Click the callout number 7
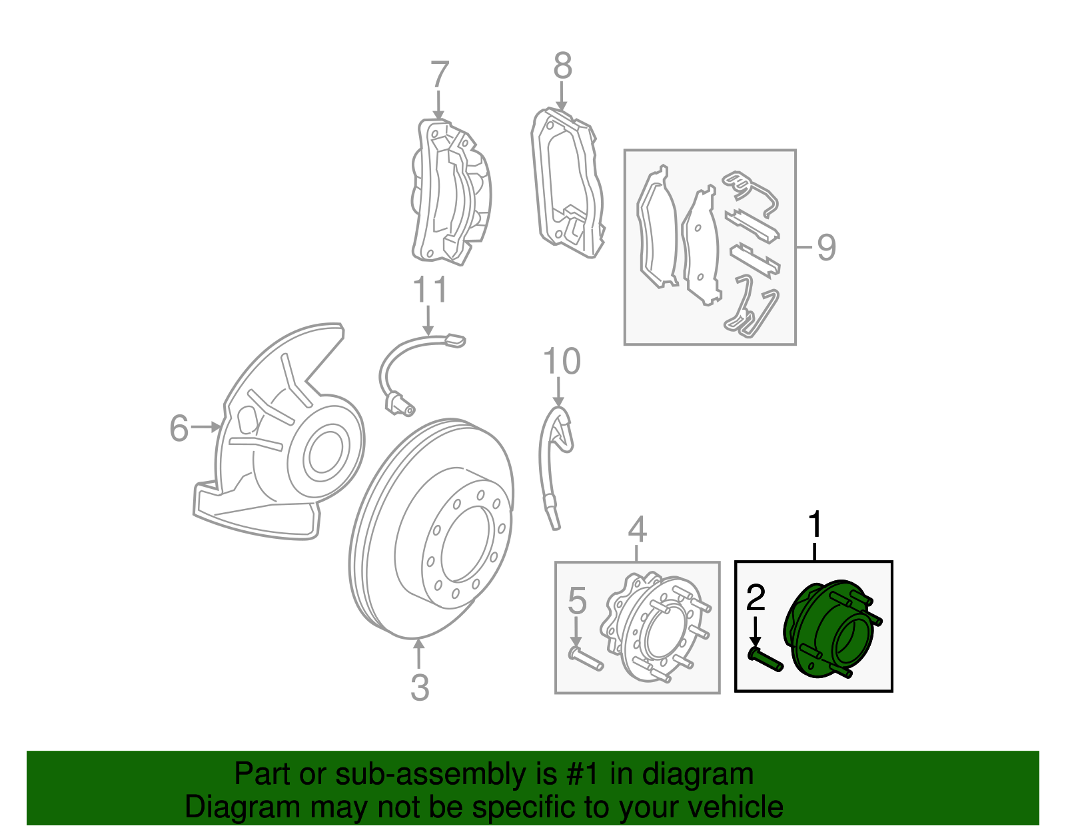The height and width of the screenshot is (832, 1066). tap(440, 75)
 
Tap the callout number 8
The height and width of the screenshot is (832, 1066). tap(563, 67)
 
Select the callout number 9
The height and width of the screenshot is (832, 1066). tap(826, 247)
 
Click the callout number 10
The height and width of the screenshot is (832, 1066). tap(562, 362)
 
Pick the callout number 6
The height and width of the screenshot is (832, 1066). tap(179, 428)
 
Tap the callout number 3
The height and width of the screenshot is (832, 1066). tap(419, 687)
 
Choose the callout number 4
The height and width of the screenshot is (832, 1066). tap(637, 530)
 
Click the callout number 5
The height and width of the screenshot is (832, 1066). tap(577, 601)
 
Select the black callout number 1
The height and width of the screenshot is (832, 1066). tap(815, 526)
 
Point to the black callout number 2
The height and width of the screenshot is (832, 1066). tap(756, 598)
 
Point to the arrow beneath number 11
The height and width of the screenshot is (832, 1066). tap(428, 320)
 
